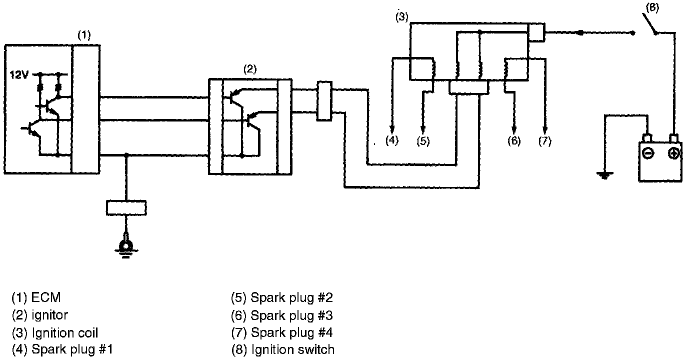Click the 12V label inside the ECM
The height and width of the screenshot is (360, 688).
pyautogui.click(x=19, y=75)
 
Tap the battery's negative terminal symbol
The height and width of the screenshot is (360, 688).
pyautogui.click(x=647, y=153)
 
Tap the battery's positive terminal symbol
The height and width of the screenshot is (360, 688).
pyautogui.click(x=674, y=153)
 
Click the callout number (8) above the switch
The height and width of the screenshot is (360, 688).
pyautogui.click(x=652, y=8)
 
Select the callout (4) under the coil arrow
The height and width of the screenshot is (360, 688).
pyautogui.click(x=392, y=140)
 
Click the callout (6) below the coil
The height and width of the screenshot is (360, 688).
pyautogui.click(x=514, y=140)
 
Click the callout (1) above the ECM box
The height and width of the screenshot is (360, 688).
pyautogui.click(x=84, y=35)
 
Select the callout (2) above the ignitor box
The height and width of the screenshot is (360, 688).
pyautogui.click(x=250, y=69)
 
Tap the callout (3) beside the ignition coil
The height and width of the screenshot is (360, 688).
pyautogui.click(x=402, y=17)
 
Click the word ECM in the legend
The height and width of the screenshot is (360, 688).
pyautogui.click(x=46, y=298)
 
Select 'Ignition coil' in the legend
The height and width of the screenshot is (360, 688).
pyautogui.click(x=64, y=332)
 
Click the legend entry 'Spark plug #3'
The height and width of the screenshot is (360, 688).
pyautogui.click(x=291, y=315)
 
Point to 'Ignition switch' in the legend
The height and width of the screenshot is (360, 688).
pyautogui.click(x=292, y=349)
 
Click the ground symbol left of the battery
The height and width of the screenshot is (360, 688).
pyautogui.click(x=605, y=175)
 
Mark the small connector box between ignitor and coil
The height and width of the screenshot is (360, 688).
pyautogui.click(x=324, y=102)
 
